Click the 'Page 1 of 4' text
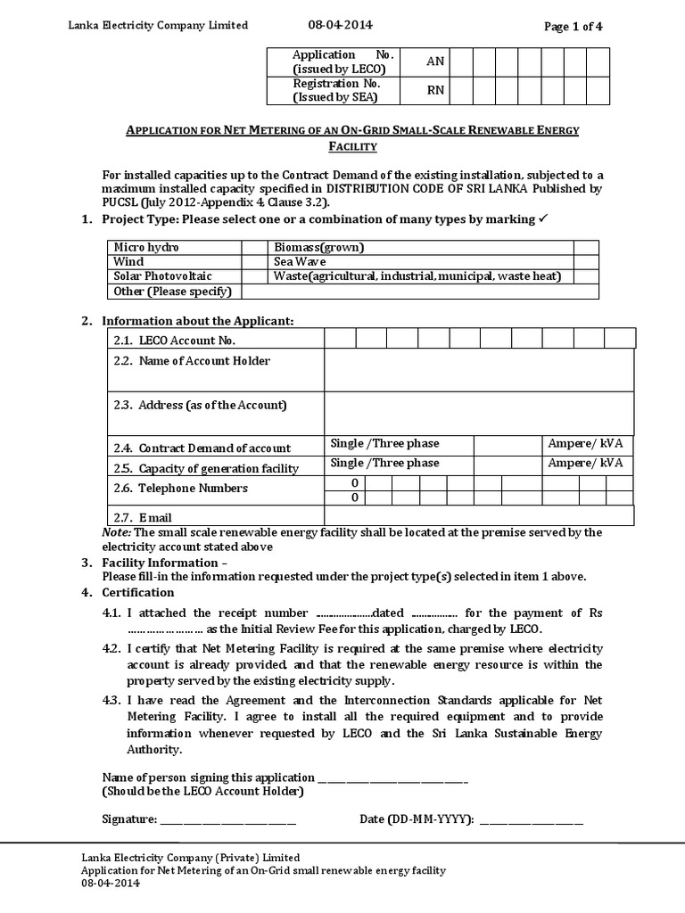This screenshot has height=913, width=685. coord(574,26)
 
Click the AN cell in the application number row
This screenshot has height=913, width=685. coord(435,62)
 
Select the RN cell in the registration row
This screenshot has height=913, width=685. coord(435,90)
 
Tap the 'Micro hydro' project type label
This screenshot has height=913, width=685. coord(145,248)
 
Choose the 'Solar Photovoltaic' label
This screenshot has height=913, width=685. coord(162,276)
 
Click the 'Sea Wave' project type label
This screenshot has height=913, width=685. coord(301,262)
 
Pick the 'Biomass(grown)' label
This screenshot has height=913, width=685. coord(319,248)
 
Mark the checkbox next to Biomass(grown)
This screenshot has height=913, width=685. coord(586,248)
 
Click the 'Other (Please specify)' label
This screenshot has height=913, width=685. coord(172,291)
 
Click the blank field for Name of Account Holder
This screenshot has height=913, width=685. coord(479,370)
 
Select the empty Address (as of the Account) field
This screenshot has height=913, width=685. coord(479,414)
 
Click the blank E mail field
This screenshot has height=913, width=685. coord(479,515)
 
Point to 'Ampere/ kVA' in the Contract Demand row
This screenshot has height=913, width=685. coord(585,444)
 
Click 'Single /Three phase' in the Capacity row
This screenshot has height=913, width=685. coord(384,464)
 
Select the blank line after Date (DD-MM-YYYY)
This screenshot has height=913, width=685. coord(532,819)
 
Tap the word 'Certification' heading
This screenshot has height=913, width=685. coord(138,593)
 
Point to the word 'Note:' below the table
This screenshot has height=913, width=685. coord(117,532)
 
